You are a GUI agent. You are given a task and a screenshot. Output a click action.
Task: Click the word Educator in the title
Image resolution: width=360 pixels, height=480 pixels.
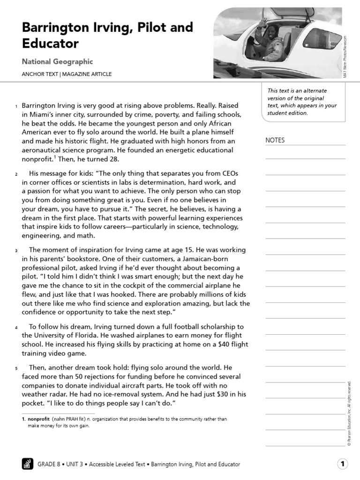(x=50, y=44)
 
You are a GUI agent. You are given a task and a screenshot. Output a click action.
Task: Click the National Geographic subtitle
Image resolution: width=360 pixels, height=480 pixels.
(x=57, y=61)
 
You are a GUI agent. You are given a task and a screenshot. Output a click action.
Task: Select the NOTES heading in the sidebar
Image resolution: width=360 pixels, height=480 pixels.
(x=275, y=140)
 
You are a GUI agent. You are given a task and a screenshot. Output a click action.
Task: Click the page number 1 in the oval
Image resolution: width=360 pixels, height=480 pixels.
(x=343, y=464)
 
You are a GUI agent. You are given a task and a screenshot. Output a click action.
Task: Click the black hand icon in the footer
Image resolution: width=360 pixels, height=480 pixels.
(x=28, y=464)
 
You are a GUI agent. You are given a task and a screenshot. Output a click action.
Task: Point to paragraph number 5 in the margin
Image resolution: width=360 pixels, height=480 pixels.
(x=16, y=368)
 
